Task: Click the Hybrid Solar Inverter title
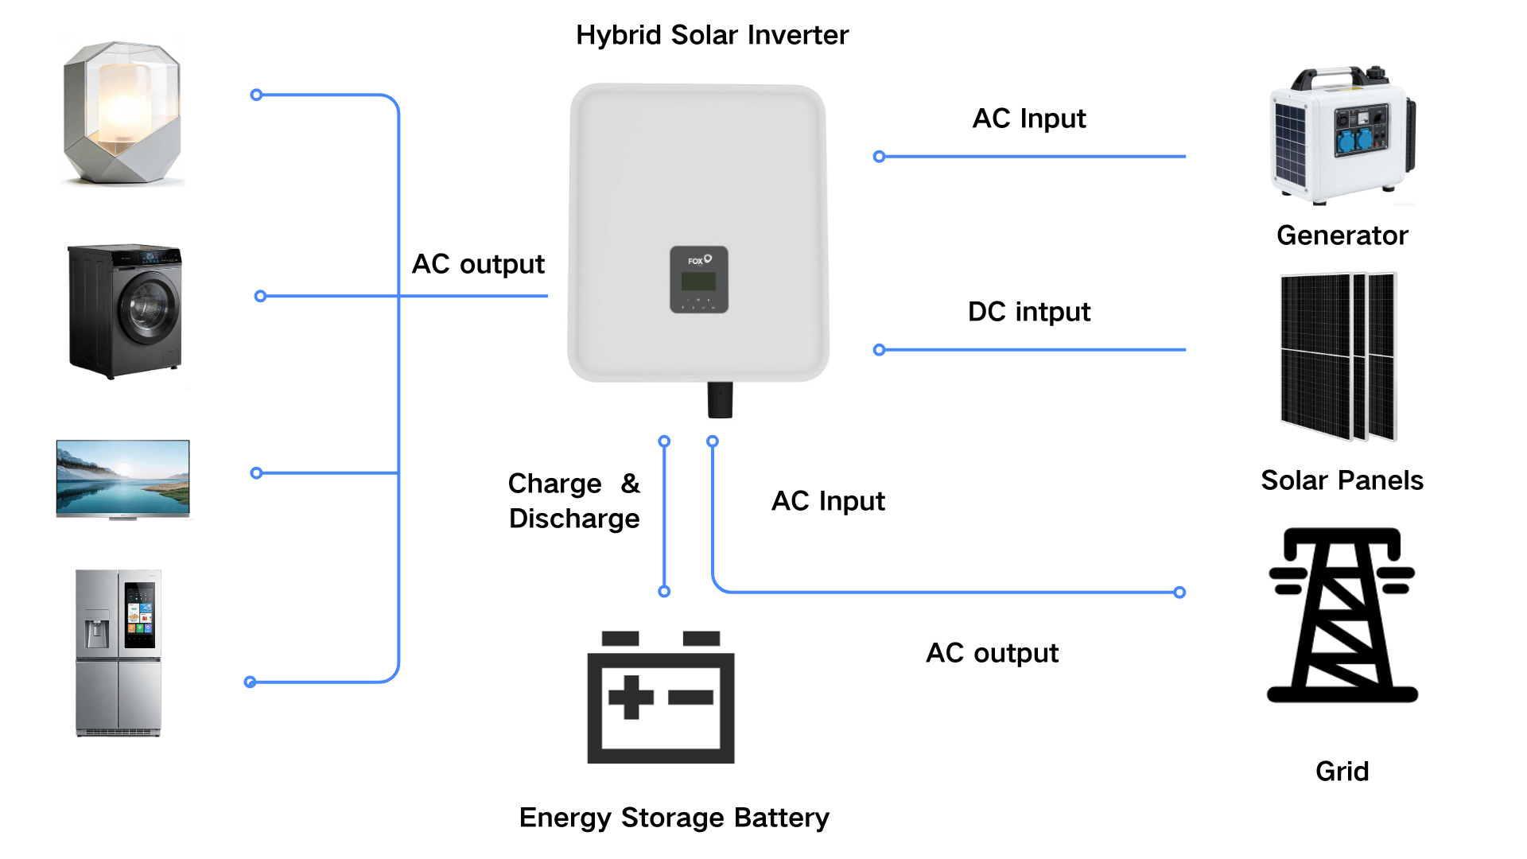click(x=712, y=35)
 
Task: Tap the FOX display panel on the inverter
click(x=698, y=279)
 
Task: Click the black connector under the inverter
click(x=720, y=399)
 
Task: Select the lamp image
click(x=122, y=113)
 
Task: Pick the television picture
click(x=122, y=478)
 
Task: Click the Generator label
click(x=1342, y=235)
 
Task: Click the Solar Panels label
click(x=1342, y=480)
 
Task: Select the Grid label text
click(x=1342, y=772)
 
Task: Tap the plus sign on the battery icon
click(x=631, y=698)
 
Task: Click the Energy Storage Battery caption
click(x=674, y=818)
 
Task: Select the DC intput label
click(x=1028, y=312)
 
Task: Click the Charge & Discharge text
click(x=574, y=501)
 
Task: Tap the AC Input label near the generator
click(x=1028, y=119)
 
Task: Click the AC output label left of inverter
click(x=478, y=264)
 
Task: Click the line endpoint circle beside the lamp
click(x=256, y=95)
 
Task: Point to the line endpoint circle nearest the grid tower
click(x=1179, y=593)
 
